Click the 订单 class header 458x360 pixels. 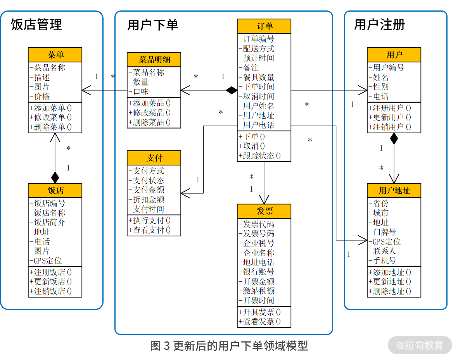click(x=264, y=26)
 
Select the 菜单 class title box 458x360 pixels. click(x=55, y=55)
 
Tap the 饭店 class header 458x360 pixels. click(x=55, y=191)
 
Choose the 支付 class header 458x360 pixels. click(x=154, y=158)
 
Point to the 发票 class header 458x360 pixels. click(x=264, y=211)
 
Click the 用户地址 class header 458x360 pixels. click(x=394, y=191)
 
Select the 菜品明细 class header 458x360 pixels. click(x=154, y=60)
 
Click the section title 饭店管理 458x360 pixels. click(x=36, y=25)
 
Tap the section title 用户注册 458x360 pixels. click(x=379, y=25)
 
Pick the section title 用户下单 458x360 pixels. click(x=153, y=25)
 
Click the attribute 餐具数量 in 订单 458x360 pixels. click(x=258, y=77)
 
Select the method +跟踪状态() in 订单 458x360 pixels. click(x=259, y=156)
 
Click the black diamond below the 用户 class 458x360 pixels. click(x=394, y=138)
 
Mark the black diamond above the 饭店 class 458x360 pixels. click(x=55, y=177)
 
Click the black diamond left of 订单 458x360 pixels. click(x=232, y=91)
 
